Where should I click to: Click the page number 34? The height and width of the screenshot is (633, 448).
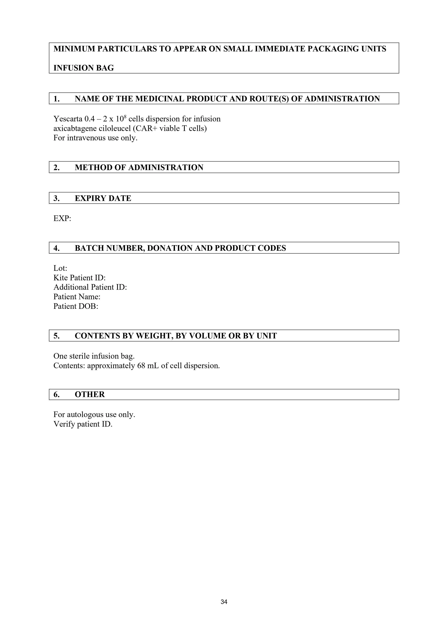tap(224, 602)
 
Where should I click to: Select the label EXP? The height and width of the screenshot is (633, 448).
tap(62, 219)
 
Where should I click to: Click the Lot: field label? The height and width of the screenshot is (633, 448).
tap(60, 268)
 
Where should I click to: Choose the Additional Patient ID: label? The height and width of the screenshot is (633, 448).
tap(90, 287)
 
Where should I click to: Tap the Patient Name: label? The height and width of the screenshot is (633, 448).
tap(77, 297)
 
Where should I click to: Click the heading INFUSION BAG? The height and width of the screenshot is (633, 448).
tap(83, 68)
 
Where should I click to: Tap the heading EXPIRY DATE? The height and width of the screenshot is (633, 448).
tap(103, 198)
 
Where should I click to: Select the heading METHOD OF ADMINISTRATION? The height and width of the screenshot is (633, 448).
tap(139, 168)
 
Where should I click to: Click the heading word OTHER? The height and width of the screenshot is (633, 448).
tap(90, 395)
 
